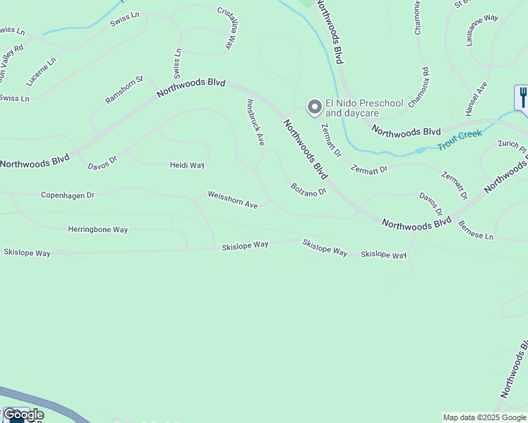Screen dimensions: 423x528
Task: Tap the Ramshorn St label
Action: [124, 90]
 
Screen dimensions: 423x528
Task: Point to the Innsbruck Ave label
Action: [255, 122]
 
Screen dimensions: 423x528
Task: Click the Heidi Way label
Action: [186, 165]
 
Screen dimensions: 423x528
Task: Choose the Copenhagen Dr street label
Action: [67, 195]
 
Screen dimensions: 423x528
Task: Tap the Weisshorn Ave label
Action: [232, 200]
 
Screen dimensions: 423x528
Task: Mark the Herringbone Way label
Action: [97, 229]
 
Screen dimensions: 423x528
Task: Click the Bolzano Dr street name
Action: [308, 189]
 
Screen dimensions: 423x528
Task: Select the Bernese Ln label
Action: [475, 233]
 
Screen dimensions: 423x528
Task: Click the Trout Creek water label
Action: [459, 140]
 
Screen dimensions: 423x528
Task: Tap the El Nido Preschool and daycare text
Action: [364, 108]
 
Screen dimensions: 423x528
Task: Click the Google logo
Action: [23, 415]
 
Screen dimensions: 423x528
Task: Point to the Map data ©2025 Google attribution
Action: [484, 417]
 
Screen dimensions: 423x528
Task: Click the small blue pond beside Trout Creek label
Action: [421, 149]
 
